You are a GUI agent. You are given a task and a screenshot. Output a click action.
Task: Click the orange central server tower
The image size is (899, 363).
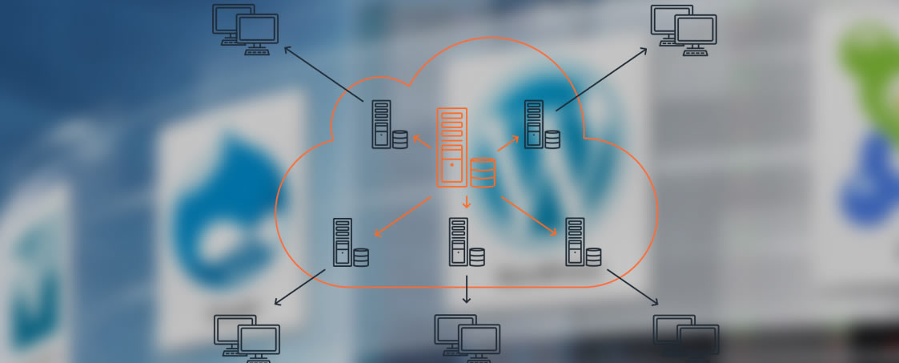click(x=452, y=147)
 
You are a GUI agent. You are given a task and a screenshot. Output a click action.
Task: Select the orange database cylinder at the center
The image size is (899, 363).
click(x=482, y=172)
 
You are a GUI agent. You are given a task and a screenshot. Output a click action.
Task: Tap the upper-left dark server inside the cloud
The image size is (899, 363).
click(x=381, y=124)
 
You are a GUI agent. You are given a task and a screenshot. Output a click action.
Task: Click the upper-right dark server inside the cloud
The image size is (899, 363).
click(x=533, y=124)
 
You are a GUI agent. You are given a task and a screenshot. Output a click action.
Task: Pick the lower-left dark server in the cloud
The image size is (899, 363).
click(x=343, y=242)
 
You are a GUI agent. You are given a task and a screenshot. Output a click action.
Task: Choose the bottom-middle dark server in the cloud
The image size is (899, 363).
click(x=459, y=242)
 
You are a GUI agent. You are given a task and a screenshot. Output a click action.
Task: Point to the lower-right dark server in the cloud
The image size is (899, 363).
click(x=575, y=242)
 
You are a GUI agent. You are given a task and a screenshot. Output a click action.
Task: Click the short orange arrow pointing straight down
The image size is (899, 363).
click(x=467, y=202)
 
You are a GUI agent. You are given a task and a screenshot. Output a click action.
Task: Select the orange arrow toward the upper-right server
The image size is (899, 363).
click(x=508, y=143)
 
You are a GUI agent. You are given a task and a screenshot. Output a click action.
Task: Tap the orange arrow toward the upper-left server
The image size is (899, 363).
click(x=423, y=142)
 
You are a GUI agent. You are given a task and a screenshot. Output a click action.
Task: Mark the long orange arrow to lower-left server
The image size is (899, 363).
click(x=403, y=216)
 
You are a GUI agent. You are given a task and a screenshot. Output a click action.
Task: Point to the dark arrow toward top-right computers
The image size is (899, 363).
click(x=602, y=79)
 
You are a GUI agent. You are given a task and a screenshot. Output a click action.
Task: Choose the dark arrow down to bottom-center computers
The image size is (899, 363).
click(x=467, y=289)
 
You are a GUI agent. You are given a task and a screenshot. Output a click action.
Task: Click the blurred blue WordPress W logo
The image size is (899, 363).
click(x=560, y=152)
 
